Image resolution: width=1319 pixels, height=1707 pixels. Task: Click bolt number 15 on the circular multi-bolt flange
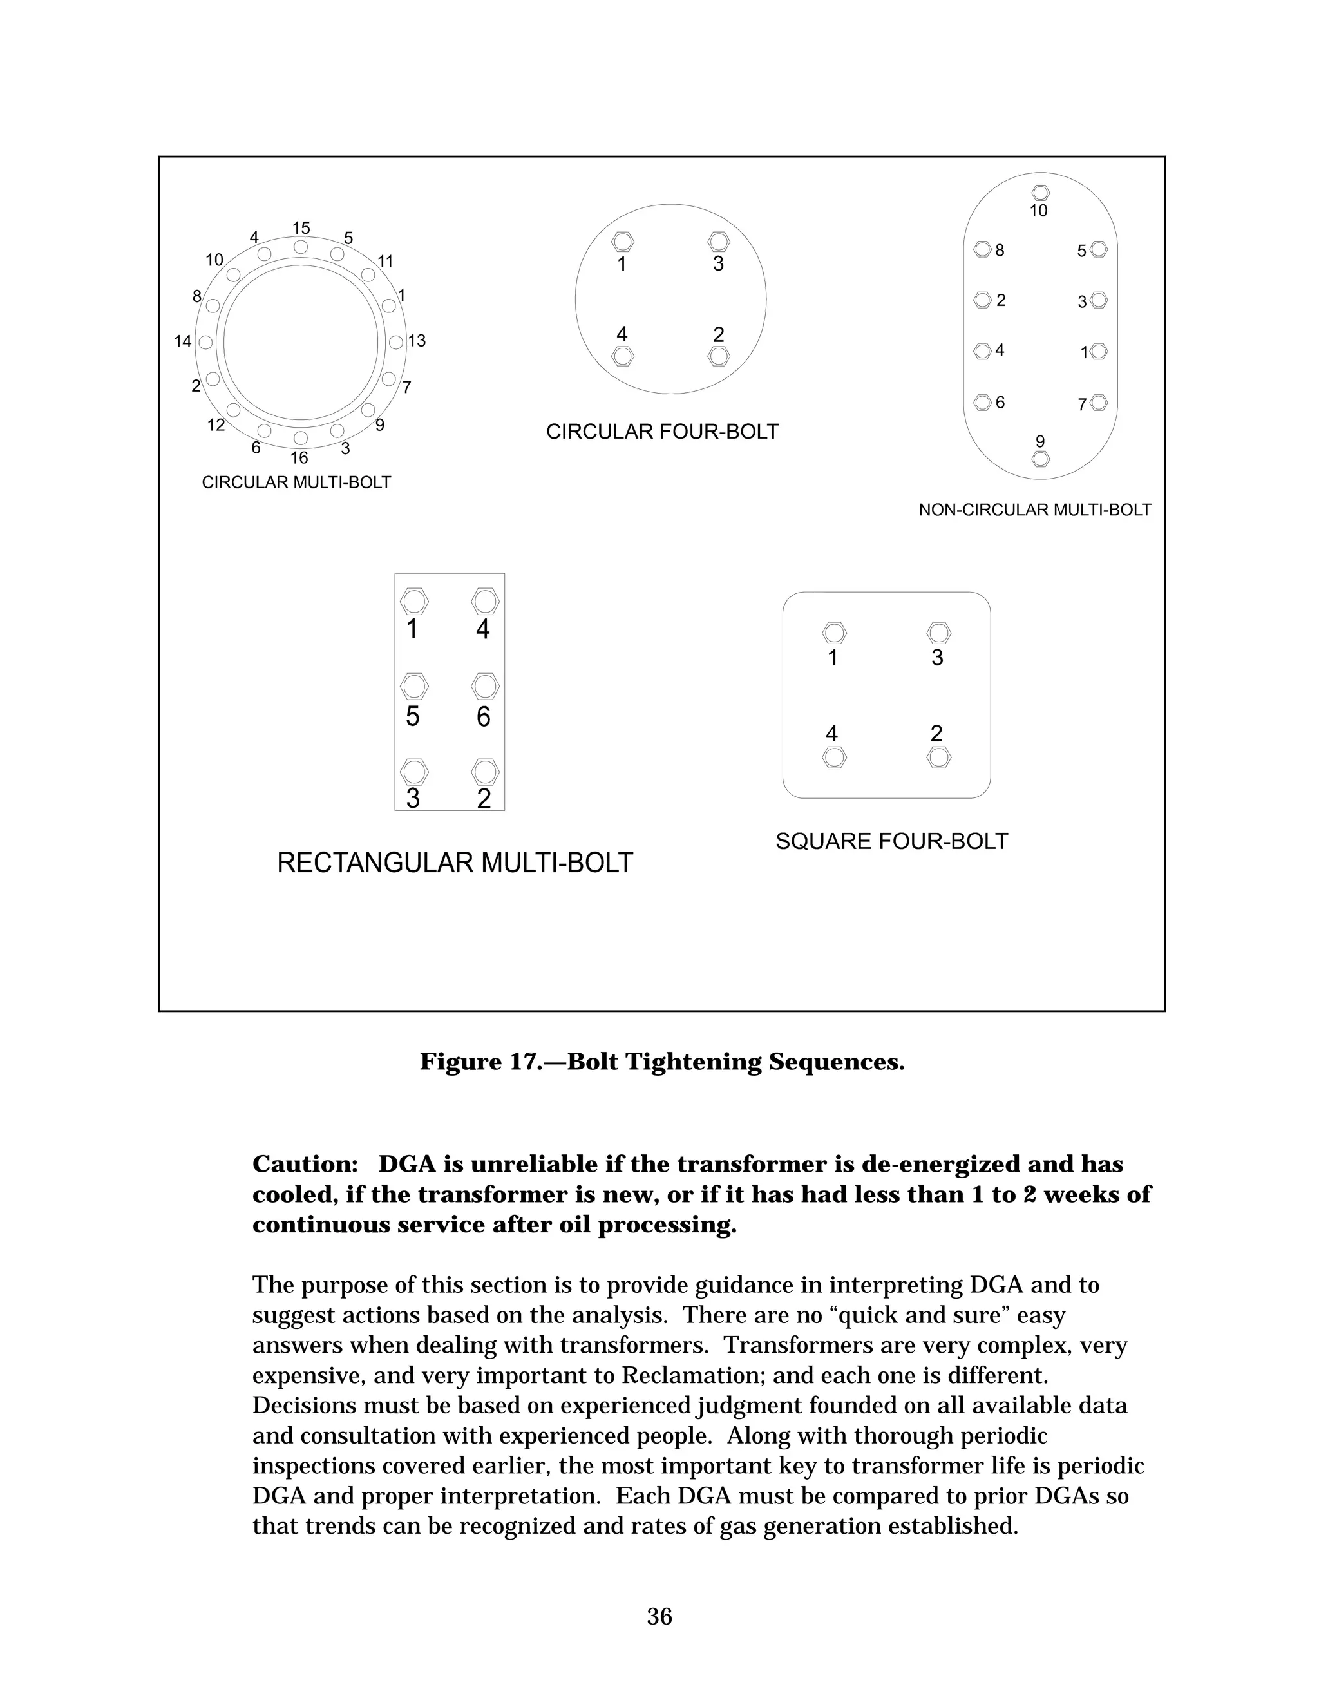click(x=301, y=247)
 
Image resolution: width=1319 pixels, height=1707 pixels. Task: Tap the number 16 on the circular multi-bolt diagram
click(x=299, y=458)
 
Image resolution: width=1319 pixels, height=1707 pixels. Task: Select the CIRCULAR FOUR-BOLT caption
click(x=662, y=432)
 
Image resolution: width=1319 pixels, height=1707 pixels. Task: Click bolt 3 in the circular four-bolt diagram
click(x=718, y=242)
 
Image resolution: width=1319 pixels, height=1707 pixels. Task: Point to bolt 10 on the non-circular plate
click(x=1040, y=192)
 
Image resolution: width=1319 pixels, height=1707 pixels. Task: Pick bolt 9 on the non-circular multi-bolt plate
click(x=1040, y=459)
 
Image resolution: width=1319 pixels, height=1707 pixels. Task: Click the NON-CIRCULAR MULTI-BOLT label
click(x=1034, y=510)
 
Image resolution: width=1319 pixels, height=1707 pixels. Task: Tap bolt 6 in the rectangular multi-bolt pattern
click(x=485, y=687)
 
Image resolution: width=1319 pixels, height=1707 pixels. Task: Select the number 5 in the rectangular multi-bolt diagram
click(x=413, y=716)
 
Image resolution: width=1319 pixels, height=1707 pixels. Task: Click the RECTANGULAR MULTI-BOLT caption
click(x=455, y=863)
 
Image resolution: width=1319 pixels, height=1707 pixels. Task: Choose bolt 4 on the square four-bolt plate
click(x=835, y=758)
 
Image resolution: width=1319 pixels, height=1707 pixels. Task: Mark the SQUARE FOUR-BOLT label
click(x=891, y=842)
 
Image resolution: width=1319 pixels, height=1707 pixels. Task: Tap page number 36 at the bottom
click(x=659, y=1616)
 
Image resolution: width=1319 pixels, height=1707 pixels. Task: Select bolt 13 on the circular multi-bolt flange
click(x=396, y=342)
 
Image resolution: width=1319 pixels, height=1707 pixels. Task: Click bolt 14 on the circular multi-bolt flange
click(x=205, y=342)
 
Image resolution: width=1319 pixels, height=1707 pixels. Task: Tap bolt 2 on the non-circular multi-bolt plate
click(x=983, y=300)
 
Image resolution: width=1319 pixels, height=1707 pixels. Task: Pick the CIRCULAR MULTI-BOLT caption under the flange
click(x=296, y=483)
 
